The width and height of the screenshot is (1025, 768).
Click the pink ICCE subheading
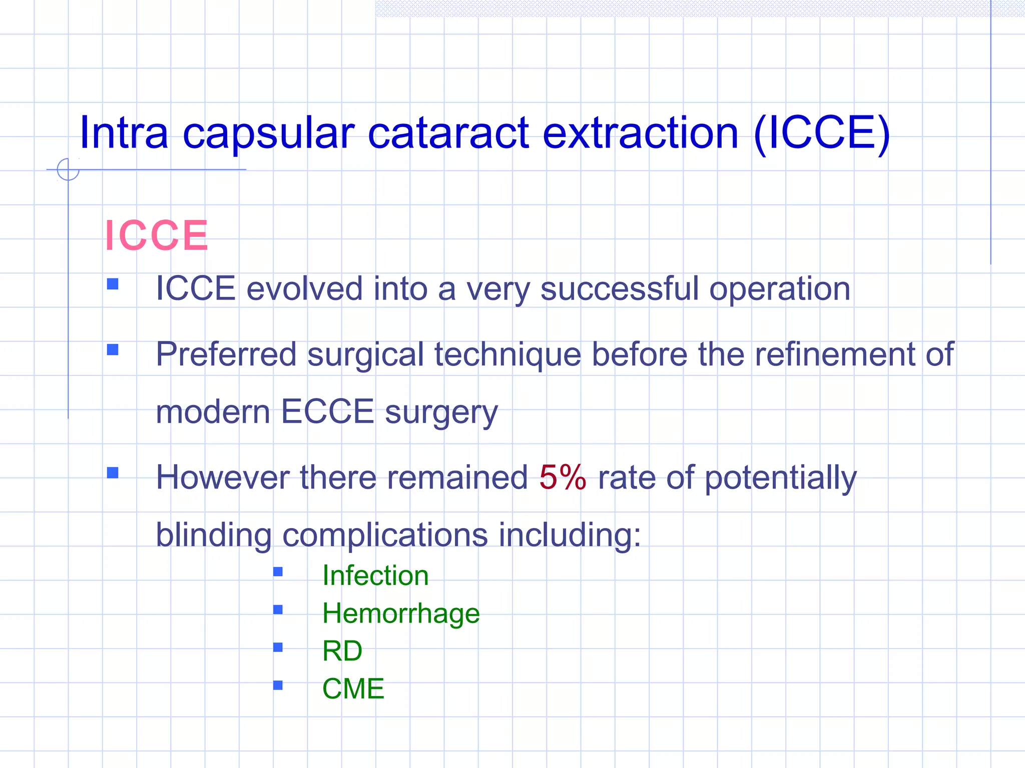156,235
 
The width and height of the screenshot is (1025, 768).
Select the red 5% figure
563,477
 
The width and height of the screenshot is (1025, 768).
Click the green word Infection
375,575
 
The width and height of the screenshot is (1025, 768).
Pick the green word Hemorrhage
400,613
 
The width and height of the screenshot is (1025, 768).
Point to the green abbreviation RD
342,651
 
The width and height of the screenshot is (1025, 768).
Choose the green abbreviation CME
353,689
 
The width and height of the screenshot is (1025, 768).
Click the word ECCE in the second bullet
327,412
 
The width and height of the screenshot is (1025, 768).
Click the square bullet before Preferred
113,349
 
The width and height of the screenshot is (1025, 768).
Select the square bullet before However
113,472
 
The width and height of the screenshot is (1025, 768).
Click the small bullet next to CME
278,685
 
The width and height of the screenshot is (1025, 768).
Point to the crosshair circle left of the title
68,169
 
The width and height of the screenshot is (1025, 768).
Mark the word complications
385,535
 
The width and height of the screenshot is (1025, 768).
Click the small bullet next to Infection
278,571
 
